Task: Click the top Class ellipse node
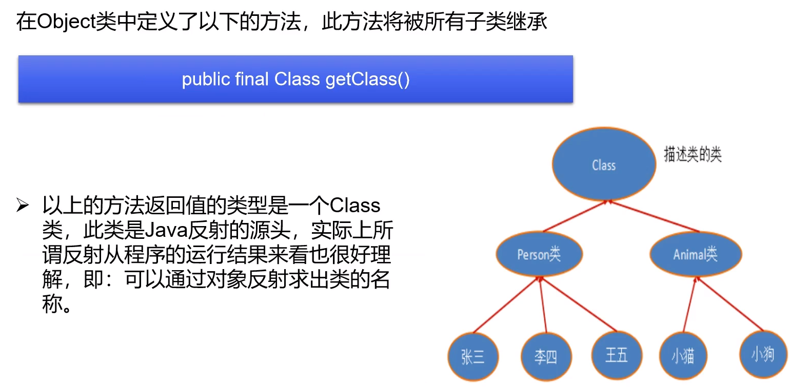604,164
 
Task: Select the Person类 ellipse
539,254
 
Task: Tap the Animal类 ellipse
696,254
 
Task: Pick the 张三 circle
473,356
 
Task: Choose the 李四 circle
546,356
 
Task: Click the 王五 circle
617,355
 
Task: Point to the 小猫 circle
683,356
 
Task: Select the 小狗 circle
763,354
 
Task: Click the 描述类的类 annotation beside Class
693,154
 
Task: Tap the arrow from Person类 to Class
576,216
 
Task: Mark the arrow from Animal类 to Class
654,216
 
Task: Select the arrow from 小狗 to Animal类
730,304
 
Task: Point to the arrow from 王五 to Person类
579,304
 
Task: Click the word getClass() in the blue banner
367,79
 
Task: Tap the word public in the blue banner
206,79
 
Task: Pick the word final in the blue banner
252,79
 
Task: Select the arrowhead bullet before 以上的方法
23,205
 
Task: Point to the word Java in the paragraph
166,231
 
